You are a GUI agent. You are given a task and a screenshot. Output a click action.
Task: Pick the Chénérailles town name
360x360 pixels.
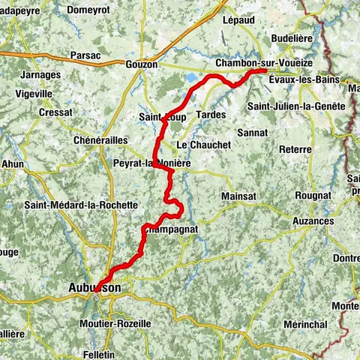point(100,139)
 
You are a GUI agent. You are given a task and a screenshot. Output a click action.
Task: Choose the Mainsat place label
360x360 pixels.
point(240,196)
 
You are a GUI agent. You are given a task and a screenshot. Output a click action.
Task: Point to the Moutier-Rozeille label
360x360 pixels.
point(114,323)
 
